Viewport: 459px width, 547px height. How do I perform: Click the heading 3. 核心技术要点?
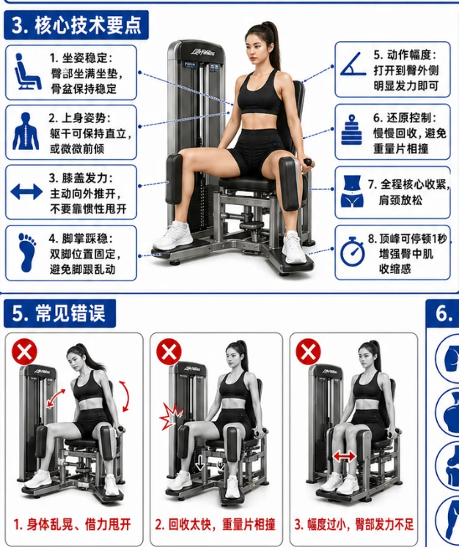tap(76, 25)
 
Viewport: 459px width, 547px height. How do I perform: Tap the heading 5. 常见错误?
tap(59, 313)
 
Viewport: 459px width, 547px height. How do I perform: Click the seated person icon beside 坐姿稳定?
tap(27, 72)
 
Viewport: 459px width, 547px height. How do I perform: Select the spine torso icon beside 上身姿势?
tap(26, 132)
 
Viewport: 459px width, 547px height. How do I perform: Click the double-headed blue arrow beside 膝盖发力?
tap(26, 192)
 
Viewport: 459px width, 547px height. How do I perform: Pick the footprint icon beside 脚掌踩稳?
tap(27, 252)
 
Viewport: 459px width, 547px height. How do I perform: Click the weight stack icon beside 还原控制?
tap(352, 130)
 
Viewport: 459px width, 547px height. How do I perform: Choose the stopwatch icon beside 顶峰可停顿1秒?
tap(353, 251)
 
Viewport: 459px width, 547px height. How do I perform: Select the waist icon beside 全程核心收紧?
tap(353, 191)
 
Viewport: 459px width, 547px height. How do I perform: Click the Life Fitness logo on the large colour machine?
tap(203, 53)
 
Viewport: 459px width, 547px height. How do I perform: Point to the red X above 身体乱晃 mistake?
tap(24, 351)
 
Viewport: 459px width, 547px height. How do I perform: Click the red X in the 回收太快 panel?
tap(169, 351)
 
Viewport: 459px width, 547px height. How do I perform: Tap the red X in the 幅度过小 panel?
tap(309, 351)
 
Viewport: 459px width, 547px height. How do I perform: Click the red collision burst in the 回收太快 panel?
tap(170, 416)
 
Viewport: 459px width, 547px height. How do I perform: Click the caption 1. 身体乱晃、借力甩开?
tap(72, 524)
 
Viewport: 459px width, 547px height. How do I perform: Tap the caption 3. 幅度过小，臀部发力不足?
tap(354, 524)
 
